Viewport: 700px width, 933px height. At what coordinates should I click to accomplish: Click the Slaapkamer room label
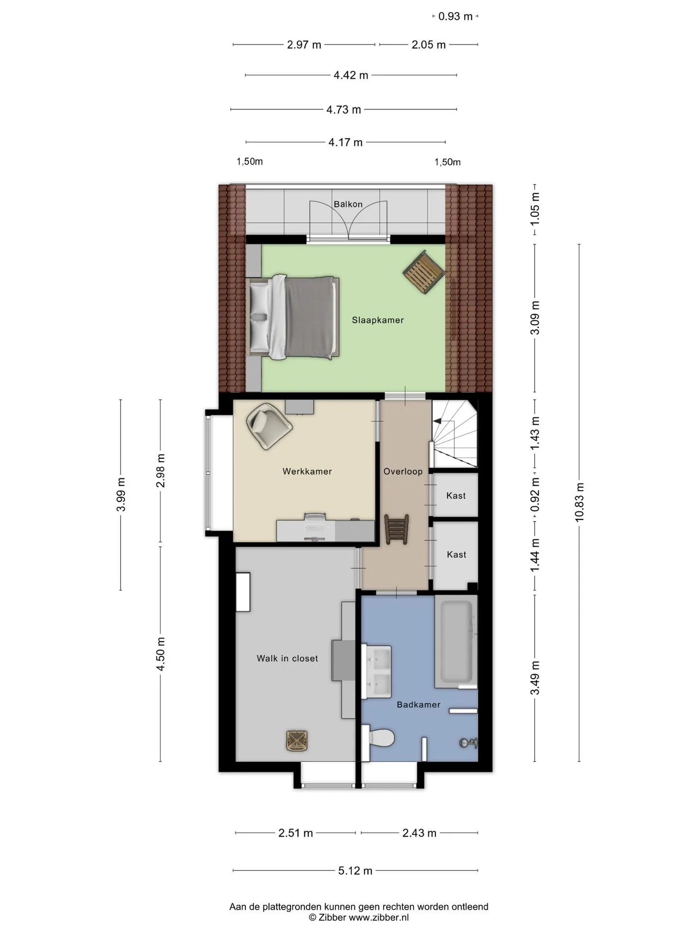378,320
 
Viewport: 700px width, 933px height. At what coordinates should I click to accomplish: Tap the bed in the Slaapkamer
293,317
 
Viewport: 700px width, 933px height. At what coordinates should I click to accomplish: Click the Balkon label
348,204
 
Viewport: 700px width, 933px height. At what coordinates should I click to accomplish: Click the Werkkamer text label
307,471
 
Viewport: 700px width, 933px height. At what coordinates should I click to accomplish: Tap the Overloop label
403,471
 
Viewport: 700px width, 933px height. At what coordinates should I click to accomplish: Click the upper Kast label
456,496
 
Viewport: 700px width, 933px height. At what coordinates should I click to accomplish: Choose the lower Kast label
456,554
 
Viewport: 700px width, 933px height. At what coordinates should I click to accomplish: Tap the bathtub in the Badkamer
456,641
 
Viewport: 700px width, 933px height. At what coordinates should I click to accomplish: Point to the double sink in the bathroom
376,672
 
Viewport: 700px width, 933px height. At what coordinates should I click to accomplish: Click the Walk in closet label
287,658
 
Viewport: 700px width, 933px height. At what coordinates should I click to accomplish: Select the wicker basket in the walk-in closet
297,741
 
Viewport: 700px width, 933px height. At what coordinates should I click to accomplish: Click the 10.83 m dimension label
579,502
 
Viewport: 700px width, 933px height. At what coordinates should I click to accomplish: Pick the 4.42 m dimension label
351,75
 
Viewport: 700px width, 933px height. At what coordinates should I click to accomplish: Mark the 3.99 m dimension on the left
121,495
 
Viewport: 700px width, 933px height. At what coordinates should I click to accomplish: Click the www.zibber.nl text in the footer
379,917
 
